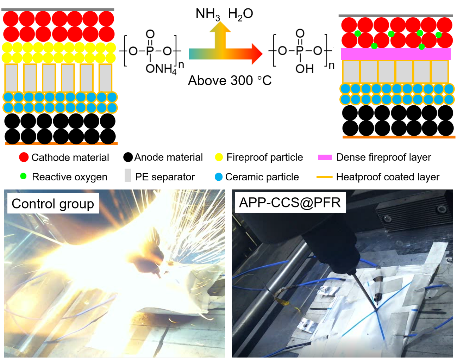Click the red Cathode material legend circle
24,157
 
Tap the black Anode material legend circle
128,157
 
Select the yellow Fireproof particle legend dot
219,157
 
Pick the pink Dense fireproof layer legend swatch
325,157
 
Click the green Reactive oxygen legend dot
23,176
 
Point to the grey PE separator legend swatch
127,175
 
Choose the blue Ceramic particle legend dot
219,177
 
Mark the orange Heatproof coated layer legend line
324,177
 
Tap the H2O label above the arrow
240,14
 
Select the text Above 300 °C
230,81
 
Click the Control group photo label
53,204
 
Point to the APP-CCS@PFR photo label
290,203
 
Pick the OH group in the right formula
305,69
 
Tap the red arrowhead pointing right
257,54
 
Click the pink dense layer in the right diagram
395,54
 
